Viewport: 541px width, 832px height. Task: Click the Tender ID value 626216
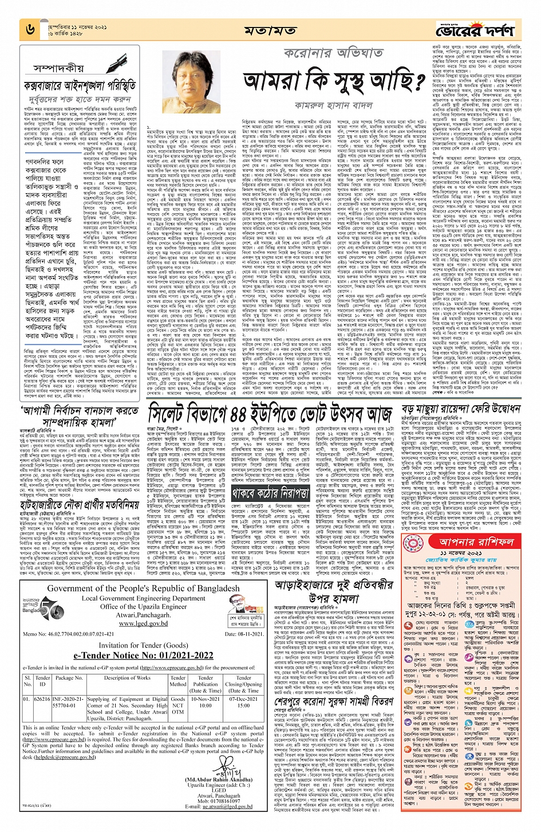tap(42, 699)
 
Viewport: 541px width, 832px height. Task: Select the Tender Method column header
tap(177, 681)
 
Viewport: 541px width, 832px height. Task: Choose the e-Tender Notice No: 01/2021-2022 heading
tap(143, 656)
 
